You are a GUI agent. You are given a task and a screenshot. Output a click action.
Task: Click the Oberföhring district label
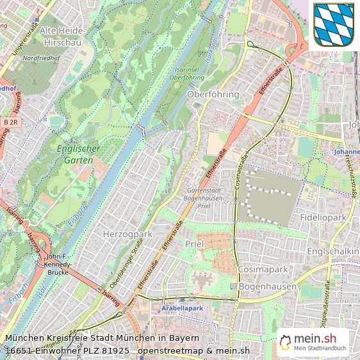pos(213,94)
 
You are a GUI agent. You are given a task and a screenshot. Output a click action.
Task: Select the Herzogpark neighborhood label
pos(127,234)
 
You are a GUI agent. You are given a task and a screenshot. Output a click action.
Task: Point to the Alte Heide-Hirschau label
pos(61,36)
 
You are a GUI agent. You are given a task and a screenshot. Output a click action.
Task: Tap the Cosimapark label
pos(263,270)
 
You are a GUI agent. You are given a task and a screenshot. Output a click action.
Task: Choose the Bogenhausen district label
pos(267,286)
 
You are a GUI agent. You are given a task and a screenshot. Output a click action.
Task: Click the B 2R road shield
pos(10,122)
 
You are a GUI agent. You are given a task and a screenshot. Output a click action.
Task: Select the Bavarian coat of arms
pos(333,24)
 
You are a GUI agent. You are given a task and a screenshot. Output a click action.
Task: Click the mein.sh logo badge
pos(313,340)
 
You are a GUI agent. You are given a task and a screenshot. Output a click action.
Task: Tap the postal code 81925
pos(115,350)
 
